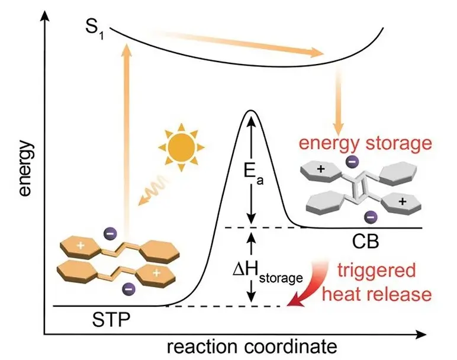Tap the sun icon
pyautogui.click(x=181, y=143)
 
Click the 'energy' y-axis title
pyautogui.click(x=23, y=172)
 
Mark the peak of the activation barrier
pyautogui.click(x=251, y=111)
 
